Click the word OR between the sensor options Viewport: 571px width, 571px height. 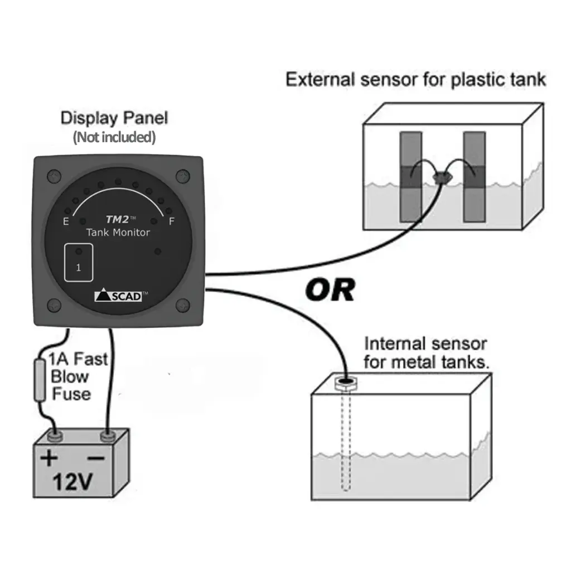330,290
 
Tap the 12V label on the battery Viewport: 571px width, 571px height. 72,482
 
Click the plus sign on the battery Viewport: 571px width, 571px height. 50,458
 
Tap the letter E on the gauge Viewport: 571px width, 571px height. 66,222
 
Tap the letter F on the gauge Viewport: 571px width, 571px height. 171,222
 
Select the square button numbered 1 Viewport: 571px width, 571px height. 79,263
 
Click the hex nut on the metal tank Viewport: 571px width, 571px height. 346,383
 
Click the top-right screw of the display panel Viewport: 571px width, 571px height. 182,176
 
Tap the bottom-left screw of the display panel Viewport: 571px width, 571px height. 54,305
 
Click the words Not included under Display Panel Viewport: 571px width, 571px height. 114,137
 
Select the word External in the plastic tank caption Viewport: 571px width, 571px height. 321,79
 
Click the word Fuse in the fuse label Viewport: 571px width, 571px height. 71,394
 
